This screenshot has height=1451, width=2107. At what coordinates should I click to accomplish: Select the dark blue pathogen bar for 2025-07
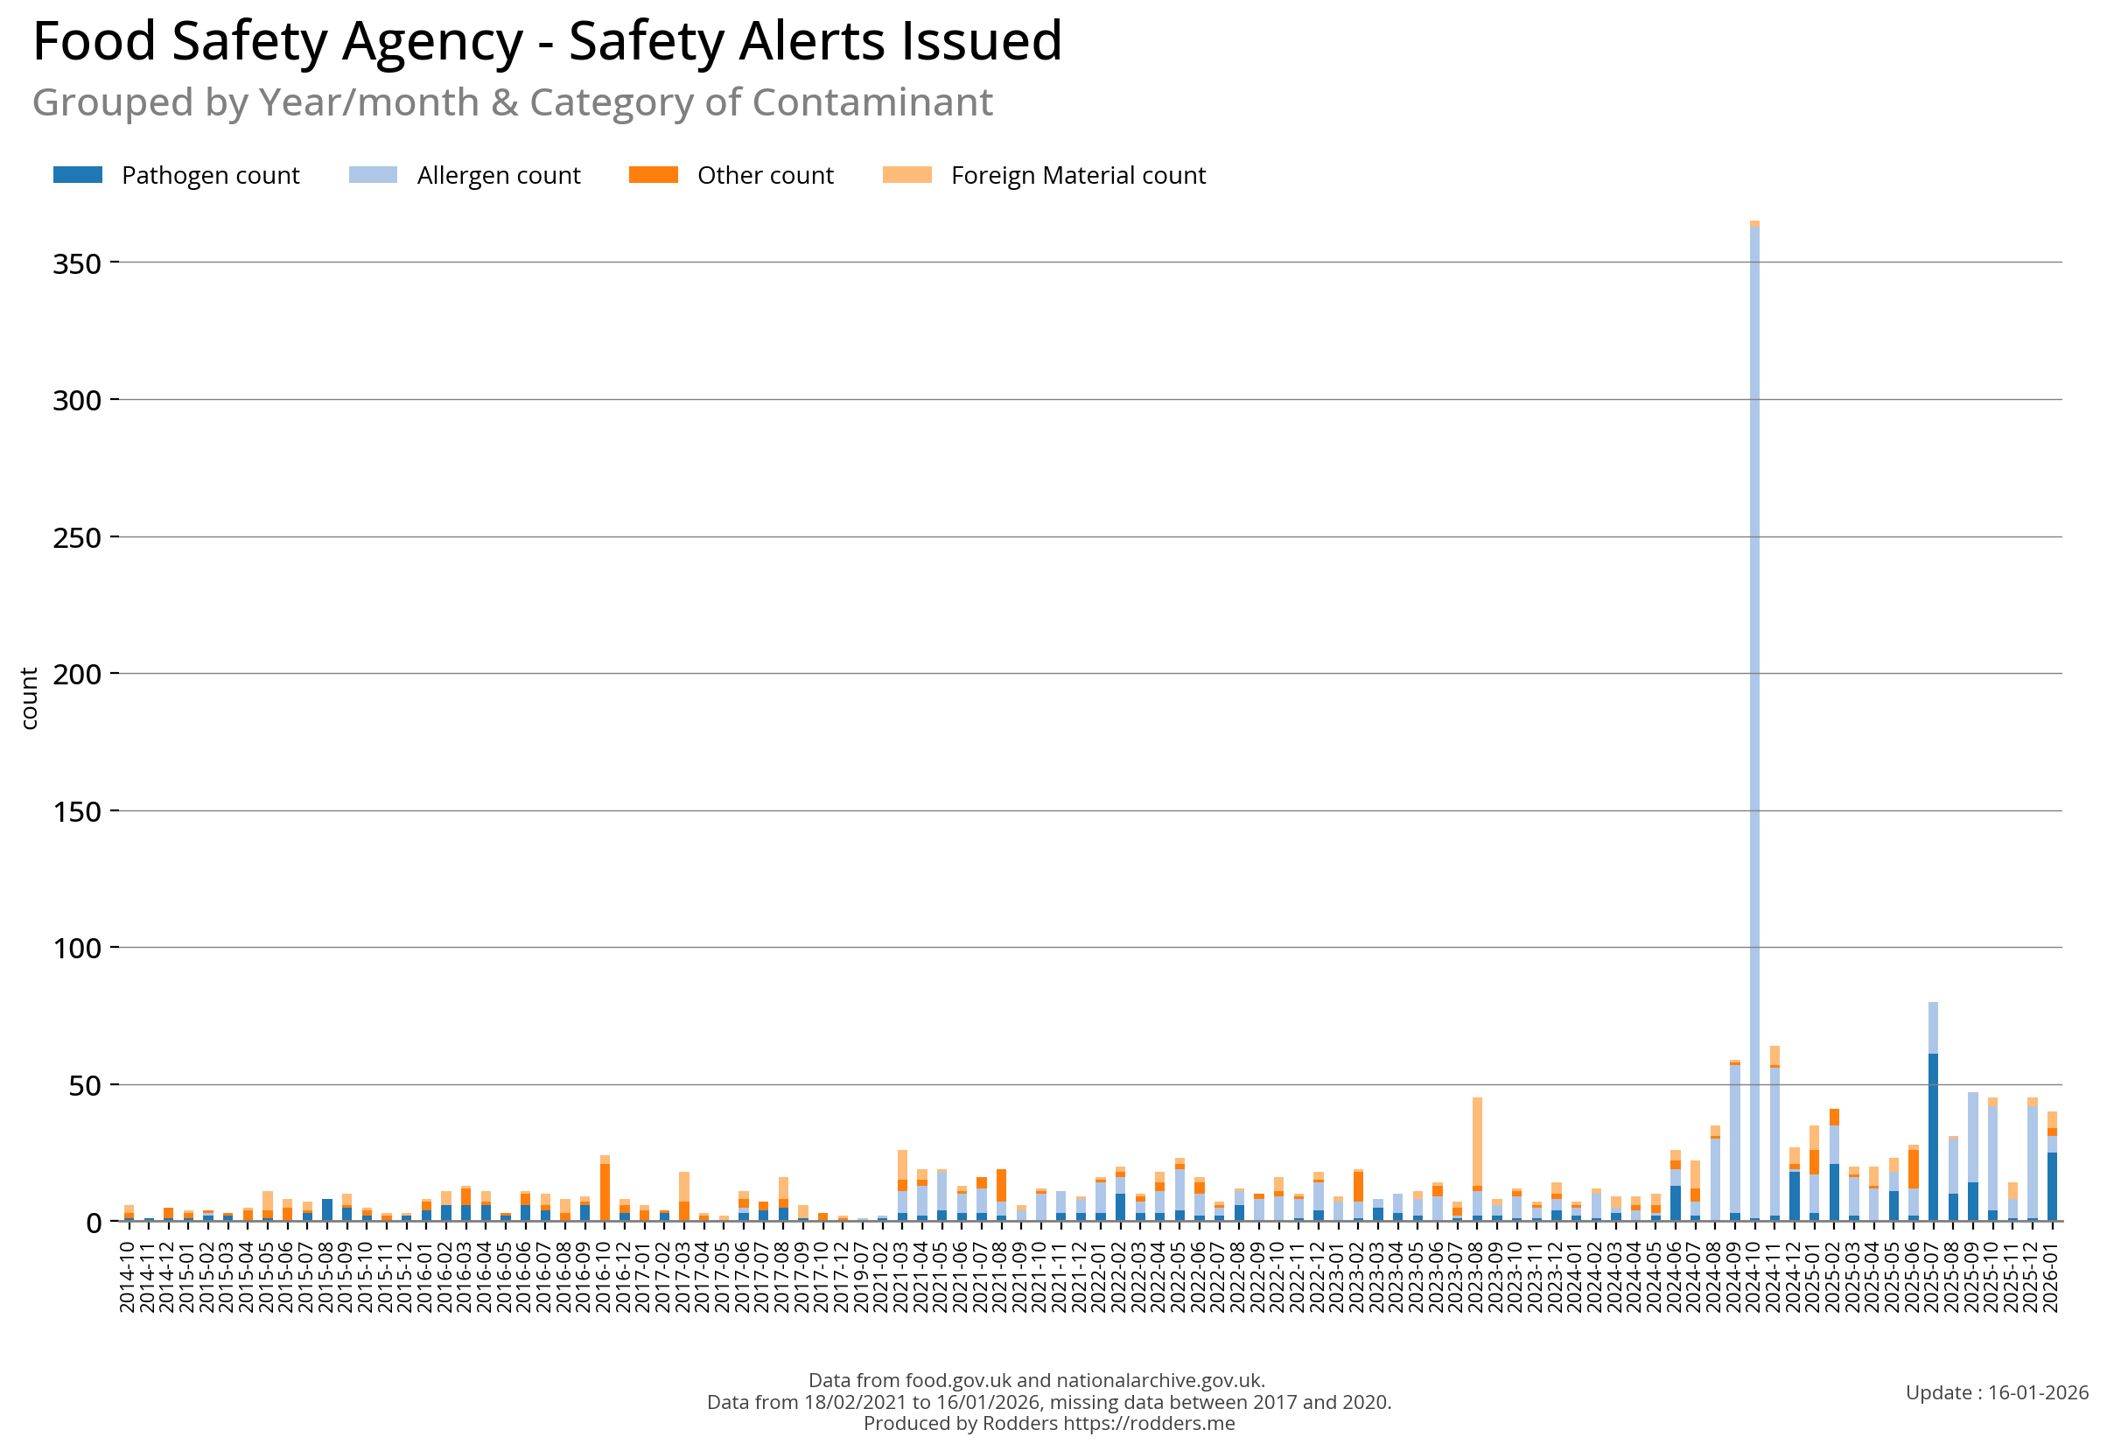pos(1933,1137)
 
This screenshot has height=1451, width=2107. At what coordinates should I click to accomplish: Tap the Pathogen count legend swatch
pos(77,174)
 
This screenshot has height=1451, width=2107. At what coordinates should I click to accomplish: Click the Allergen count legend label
pos(498,175)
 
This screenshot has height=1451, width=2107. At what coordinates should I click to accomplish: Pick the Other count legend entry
pos(765,175)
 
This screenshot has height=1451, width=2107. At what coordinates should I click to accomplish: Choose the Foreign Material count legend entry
pos(1077,175)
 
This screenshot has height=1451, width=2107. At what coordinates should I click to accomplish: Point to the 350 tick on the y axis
pos(76,263)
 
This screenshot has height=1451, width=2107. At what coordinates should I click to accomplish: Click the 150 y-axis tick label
pos(76,812)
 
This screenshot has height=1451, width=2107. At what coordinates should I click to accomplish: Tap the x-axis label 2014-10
pos(127,1278)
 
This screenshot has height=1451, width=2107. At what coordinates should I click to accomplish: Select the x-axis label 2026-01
pos(2051,1278)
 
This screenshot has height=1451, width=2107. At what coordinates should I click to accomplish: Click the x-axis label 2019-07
pos(861,1278)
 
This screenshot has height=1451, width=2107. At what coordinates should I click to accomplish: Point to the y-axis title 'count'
pos(29,697)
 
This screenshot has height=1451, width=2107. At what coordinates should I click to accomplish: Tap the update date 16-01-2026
pos(2038,1391)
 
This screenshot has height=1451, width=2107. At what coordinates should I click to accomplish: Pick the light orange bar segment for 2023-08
pos(1477,1141)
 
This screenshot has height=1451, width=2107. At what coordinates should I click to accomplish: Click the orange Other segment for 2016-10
pos(605,1191)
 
